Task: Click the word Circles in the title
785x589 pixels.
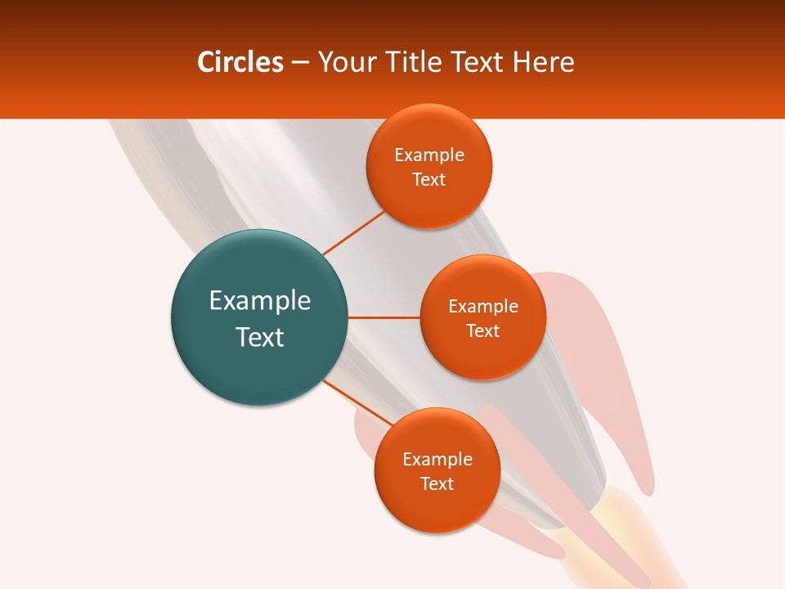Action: [x=240, y=62]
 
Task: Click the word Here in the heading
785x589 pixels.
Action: [x=543, y=62]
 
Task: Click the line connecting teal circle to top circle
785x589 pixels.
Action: [x=353, y=232]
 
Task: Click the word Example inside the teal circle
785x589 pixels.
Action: [x=260, y=301]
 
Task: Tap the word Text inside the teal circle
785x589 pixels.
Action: [x=260, y=337]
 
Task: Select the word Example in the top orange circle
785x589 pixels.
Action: [x=429, y=155]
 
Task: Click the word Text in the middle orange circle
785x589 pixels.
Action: [x=482, y=330]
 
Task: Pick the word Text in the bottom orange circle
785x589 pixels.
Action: [x=437, y=483]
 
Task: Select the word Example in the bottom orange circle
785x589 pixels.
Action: [x=437, y=459]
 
